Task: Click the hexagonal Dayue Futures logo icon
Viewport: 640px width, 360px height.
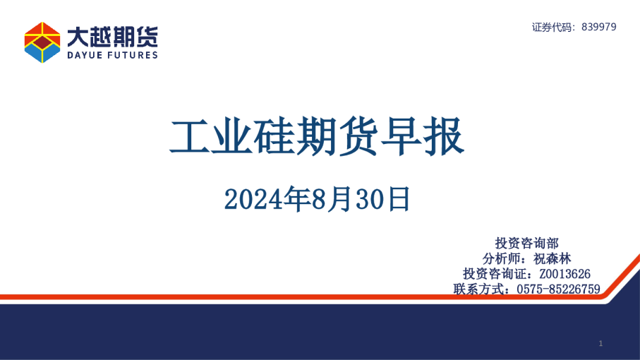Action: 42,42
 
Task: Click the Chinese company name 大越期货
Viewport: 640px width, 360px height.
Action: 112,35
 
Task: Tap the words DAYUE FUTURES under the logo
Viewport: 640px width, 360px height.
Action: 112,55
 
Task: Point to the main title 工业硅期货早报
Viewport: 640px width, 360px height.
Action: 317,137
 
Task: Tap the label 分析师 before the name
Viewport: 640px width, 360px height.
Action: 504,258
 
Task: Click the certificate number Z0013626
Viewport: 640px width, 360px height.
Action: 564,274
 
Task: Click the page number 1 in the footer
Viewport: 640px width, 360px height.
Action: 600,343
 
